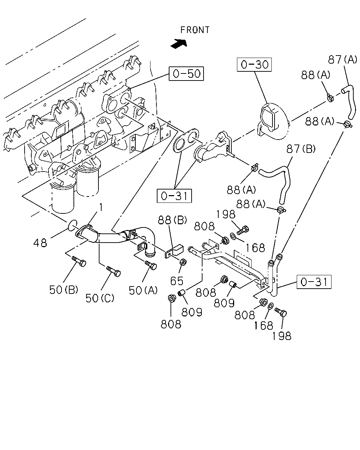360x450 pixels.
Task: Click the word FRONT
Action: (x=195, y=30)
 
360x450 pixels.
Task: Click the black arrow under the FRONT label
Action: (x=179, y=44)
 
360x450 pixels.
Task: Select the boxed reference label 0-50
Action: (x=186, y=73)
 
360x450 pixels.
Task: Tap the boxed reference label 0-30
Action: (x=254, y=65)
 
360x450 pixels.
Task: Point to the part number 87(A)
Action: (x=342, y=59)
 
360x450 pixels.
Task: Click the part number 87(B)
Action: (x=301, y=149)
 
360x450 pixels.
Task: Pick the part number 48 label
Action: (x=40, y=243)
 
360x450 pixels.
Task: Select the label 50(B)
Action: (x=64, y=290)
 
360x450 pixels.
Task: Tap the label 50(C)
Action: (x=100, y=298)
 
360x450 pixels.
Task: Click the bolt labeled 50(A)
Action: (x=151, y=265)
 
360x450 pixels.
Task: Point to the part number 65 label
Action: (x=177, y=281)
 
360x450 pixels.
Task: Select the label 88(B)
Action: (x=172, y=220)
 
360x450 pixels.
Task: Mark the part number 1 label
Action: (x=101, y=207)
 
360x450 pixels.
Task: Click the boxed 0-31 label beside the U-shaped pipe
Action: (x=314, y=282)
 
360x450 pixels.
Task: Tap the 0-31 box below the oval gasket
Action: (x=174, y=196)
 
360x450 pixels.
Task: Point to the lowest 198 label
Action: (x=282, y=336)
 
